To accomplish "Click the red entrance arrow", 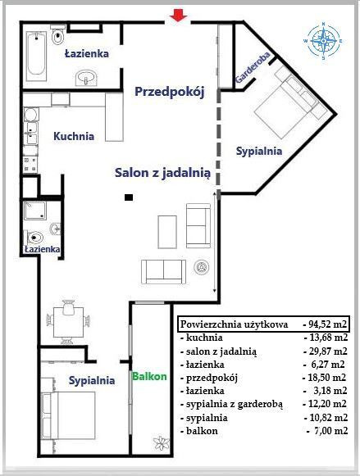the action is [x=178, y=16].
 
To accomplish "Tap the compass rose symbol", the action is [x=323, y=41].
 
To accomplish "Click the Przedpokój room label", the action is [x=170, y=92].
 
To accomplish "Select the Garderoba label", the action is [x=253, y=67].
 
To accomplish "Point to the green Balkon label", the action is [x=149, y=376].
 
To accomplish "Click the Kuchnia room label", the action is [x=74, y=136].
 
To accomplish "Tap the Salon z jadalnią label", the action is [x=162, y=173].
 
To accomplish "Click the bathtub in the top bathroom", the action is [x=36, y=57].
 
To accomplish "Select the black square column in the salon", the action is [x=129, y=197].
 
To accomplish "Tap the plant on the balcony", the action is [x=161, y=443].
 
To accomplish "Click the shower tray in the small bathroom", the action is [x=35, y=211].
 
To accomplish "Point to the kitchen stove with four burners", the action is [x=30, y=164].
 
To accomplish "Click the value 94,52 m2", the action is [x=325, y=324].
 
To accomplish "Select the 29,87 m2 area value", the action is [x=326, y=351].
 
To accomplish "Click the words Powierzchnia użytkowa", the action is [x=234, y=324].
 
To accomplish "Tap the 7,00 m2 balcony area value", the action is [x=327, y=431].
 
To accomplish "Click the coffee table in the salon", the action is [x=167, y=232].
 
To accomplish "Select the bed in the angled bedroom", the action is [x=289, y=103].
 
